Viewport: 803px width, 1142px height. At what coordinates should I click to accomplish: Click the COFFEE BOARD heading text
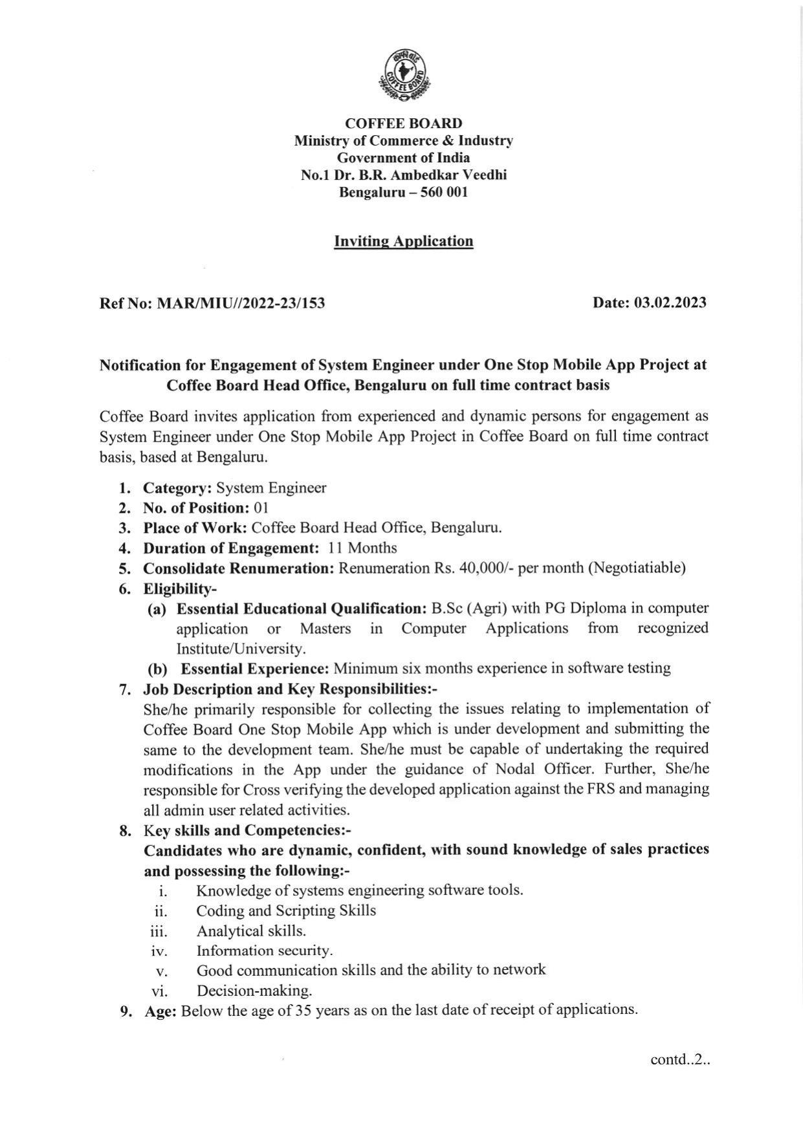coord(403,123)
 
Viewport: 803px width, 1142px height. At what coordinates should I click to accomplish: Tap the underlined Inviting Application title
coord(403,241)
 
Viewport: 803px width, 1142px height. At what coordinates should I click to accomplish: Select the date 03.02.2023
coord(670,302)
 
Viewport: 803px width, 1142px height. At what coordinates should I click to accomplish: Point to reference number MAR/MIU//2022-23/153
coord(241,303)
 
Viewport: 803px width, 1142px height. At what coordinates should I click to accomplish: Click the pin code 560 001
coord(444,192)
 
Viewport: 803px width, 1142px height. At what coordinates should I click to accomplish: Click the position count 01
coord(261,508)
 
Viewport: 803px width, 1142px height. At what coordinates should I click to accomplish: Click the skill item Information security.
coord(264,951)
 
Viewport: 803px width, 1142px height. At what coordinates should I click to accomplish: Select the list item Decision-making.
coord(254,991)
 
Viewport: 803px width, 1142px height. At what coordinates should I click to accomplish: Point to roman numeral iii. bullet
coord(159,932)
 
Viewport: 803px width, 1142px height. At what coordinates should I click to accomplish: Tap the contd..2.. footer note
coord(680,1059)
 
